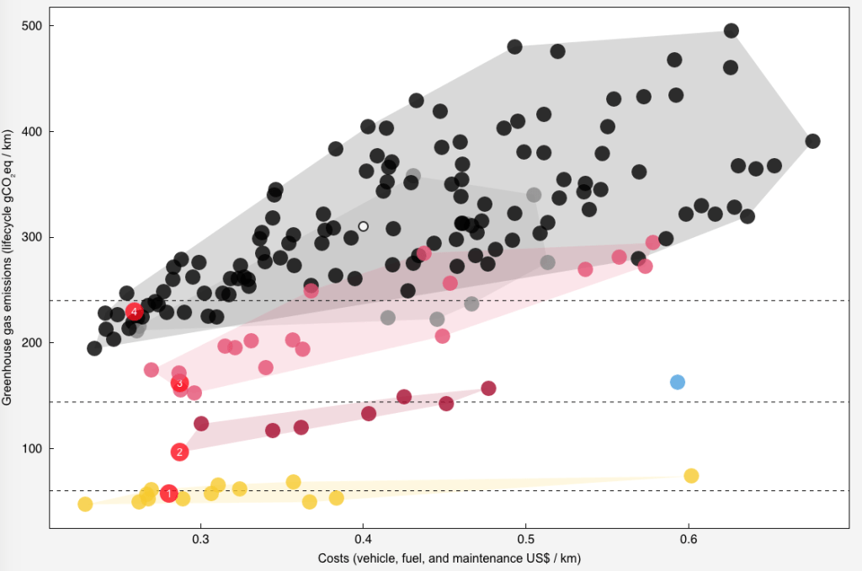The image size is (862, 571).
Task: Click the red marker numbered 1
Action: point(168,494)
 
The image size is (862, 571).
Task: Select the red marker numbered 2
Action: point(179,452)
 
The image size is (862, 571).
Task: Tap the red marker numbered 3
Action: point(179,383)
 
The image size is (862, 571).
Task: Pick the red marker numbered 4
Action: point(134,312)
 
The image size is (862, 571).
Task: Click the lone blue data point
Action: point(678,382)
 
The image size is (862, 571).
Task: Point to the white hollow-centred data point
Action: point(363,226)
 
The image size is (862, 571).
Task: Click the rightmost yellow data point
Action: point(691,476)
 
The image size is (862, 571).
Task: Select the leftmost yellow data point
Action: point(85,505)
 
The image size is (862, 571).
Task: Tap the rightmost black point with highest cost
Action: point(812,141)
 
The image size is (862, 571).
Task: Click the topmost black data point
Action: point(731,31)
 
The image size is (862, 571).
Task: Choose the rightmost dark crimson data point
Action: point(488,389)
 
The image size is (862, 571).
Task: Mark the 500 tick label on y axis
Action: point(34,26)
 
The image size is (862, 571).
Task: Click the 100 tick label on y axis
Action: point(34,449)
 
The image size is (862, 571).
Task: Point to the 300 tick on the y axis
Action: point(34,238)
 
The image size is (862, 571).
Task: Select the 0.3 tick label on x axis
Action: point(200,540)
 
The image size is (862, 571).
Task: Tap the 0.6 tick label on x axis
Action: point(688,540)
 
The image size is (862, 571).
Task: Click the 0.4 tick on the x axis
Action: point(363,540)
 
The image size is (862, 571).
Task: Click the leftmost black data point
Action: point(94,348)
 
